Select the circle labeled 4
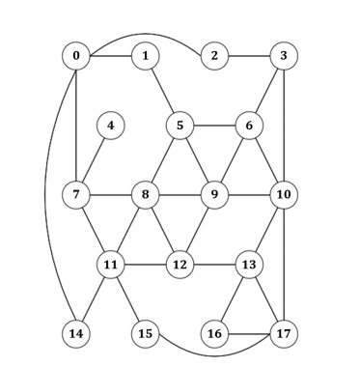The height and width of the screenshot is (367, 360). [111, 125]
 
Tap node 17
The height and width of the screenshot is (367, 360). [283, 334]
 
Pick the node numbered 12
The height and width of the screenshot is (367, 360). [180, 264]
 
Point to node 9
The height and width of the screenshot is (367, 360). [214, 194]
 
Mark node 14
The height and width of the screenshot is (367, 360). [75, 334]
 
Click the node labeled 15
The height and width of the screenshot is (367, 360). [145, 334]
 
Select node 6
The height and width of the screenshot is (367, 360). [249, 125]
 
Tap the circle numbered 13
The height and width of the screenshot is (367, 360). [249, 264]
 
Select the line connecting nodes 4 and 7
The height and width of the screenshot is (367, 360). [94, 159]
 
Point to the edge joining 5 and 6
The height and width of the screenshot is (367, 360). [214, 125]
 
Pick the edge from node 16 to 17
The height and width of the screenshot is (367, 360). [248, 334]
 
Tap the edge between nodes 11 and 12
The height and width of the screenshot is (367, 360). [145, 264]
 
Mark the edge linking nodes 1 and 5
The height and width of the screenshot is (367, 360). [162, 90]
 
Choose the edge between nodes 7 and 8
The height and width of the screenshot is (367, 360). [110, 194]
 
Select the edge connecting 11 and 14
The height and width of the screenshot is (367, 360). [94, 298]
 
